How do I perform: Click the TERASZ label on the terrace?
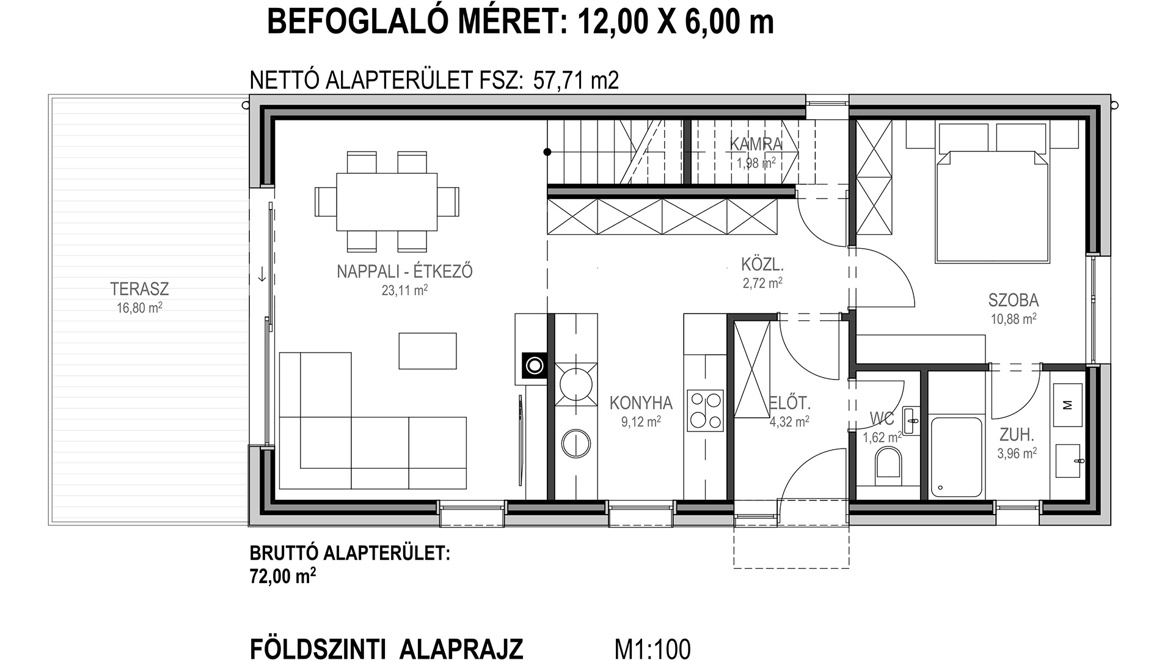(139, 288)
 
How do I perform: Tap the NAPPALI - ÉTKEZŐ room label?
(404, 271)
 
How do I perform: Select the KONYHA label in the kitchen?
(641, 403)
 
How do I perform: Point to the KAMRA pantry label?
(756, 144)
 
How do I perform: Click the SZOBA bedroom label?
(1014, 300)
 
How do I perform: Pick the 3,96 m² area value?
(1017, 453)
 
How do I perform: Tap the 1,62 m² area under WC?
(882, 438)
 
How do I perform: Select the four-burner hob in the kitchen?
(706, 409)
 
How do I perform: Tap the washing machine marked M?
(1067, 405)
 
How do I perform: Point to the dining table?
(387, 202)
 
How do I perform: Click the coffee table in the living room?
(428, 351)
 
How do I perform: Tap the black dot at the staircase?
(547, 152)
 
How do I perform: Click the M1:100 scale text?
(652, 648)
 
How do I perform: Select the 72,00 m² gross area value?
(283, 576)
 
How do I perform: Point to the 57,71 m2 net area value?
(576, 80)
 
